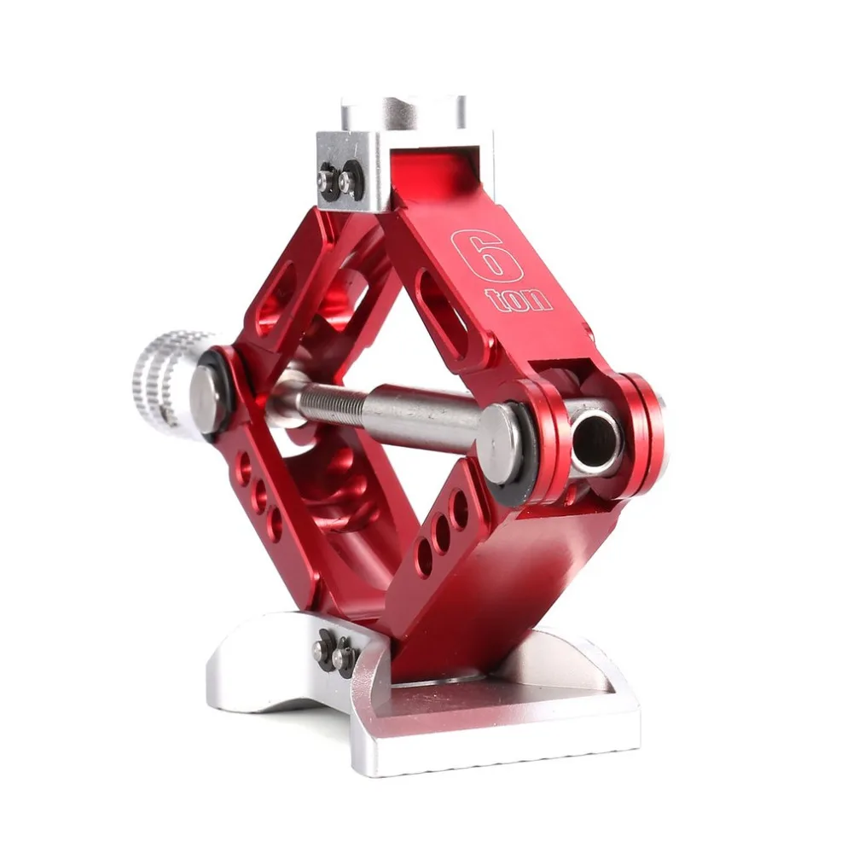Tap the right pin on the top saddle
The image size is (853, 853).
[x=345, y=179]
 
